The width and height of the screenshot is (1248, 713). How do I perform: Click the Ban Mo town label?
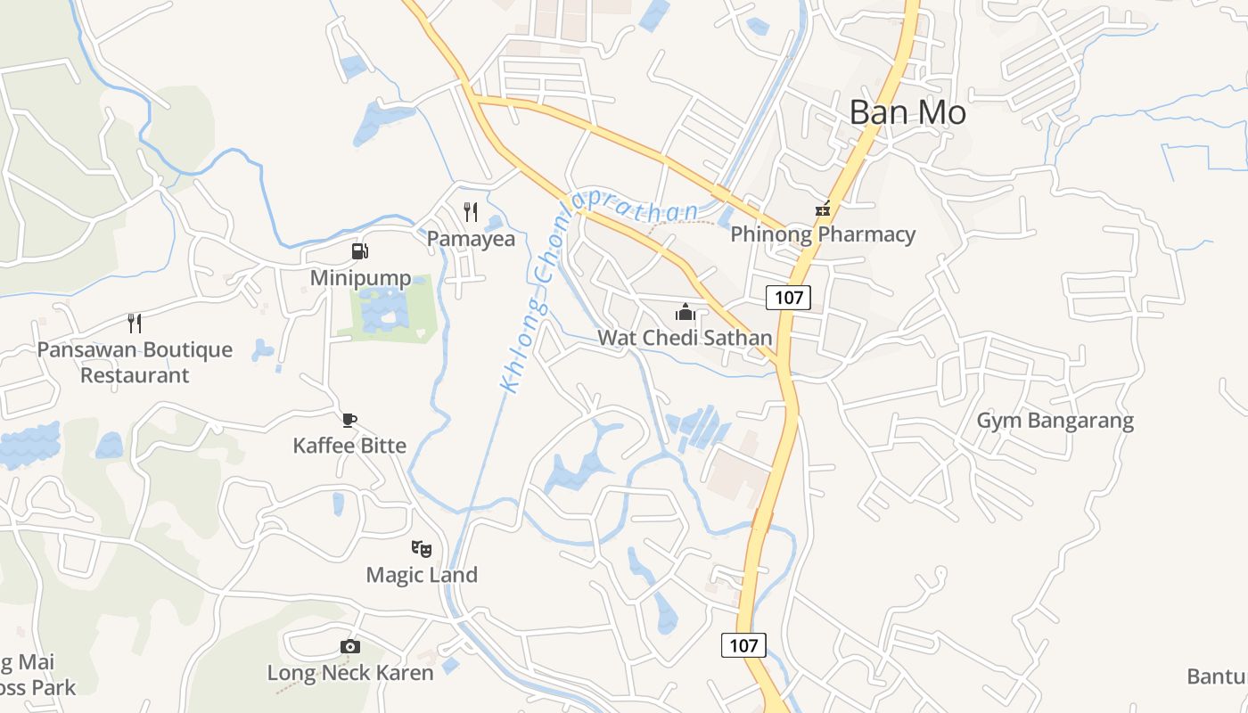tap(907, 112)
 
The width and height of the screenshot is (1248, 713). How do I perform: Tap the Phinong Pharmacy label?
tap(823, 234)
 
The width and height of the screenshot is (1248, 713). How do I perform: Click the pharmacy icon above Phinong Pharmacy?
tap(823, 210)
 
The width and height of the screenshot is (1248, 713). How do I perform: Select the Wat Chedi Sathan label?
tap(685, 338)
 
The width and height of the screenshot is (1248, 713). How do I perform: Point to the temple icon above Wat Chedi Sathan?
tap(685, 313)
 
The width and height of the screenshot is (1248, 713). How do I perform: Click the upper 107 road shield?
tap(789, 297)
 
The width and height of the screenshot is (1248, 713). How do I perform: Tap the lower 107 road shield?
tap(743, 645)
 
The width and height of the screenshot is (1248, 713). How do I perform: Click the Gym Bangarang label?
tap(1055, 421)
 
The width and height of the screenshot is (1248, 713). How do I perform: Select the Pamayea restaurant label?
tap(471, 239)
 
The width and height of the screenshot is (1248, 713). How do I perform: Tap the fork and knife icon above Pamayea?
tap(471, 212)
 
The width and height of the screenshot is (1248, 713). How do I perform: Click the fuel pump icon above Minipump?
tap(359, 251)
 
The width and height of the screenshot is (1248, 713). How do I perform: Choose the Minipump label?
tap(360, 278)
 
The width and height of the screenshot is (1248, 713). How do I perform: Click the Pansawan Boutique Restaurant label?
tap(135, 362)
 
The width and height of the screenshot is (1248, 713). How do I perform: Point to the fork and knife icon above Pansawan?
tap(135, 323)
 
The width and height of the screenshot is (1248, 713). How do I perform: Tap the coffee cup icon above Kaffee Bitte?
tap(349, 420)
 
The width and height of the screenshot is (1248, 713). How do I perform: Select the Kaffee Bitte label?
tap(349, 446)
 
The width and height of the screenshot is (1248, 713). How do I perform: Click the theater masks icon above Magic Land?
tap(422, 549)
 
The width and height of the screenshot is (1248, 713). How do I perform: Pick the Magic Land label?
tap(422, 575)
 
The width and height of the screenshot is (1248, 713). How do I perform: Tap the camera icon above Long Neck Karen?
tap(350, 647)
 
